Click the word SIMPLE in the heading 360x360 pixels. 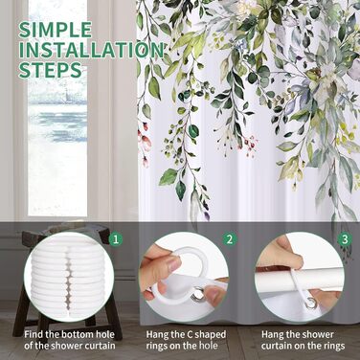pyautogui.click(x=55, y=31)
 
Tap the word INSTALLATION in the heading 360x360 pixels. pyautogui.click(x=91, y=51)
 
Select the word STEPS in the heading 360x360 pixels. pyautogui.click(x=50, y=70)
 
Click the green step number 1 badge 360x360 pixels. pyautogui.click(x=116, y=239)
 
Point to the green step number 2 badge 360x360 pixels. pyautogui.click(x=230, y=239)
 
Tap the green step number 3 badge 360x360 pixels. pyautogui.click(x=345, y=239)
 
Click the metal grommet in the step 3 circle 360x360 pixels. pyautogui.click(x=309, y=303)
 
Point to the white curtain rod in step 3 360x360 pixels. pyautogui.click(x=300, y=280)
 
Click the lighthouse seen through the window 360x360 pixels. pyautogui.click(x=66, y=93)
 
